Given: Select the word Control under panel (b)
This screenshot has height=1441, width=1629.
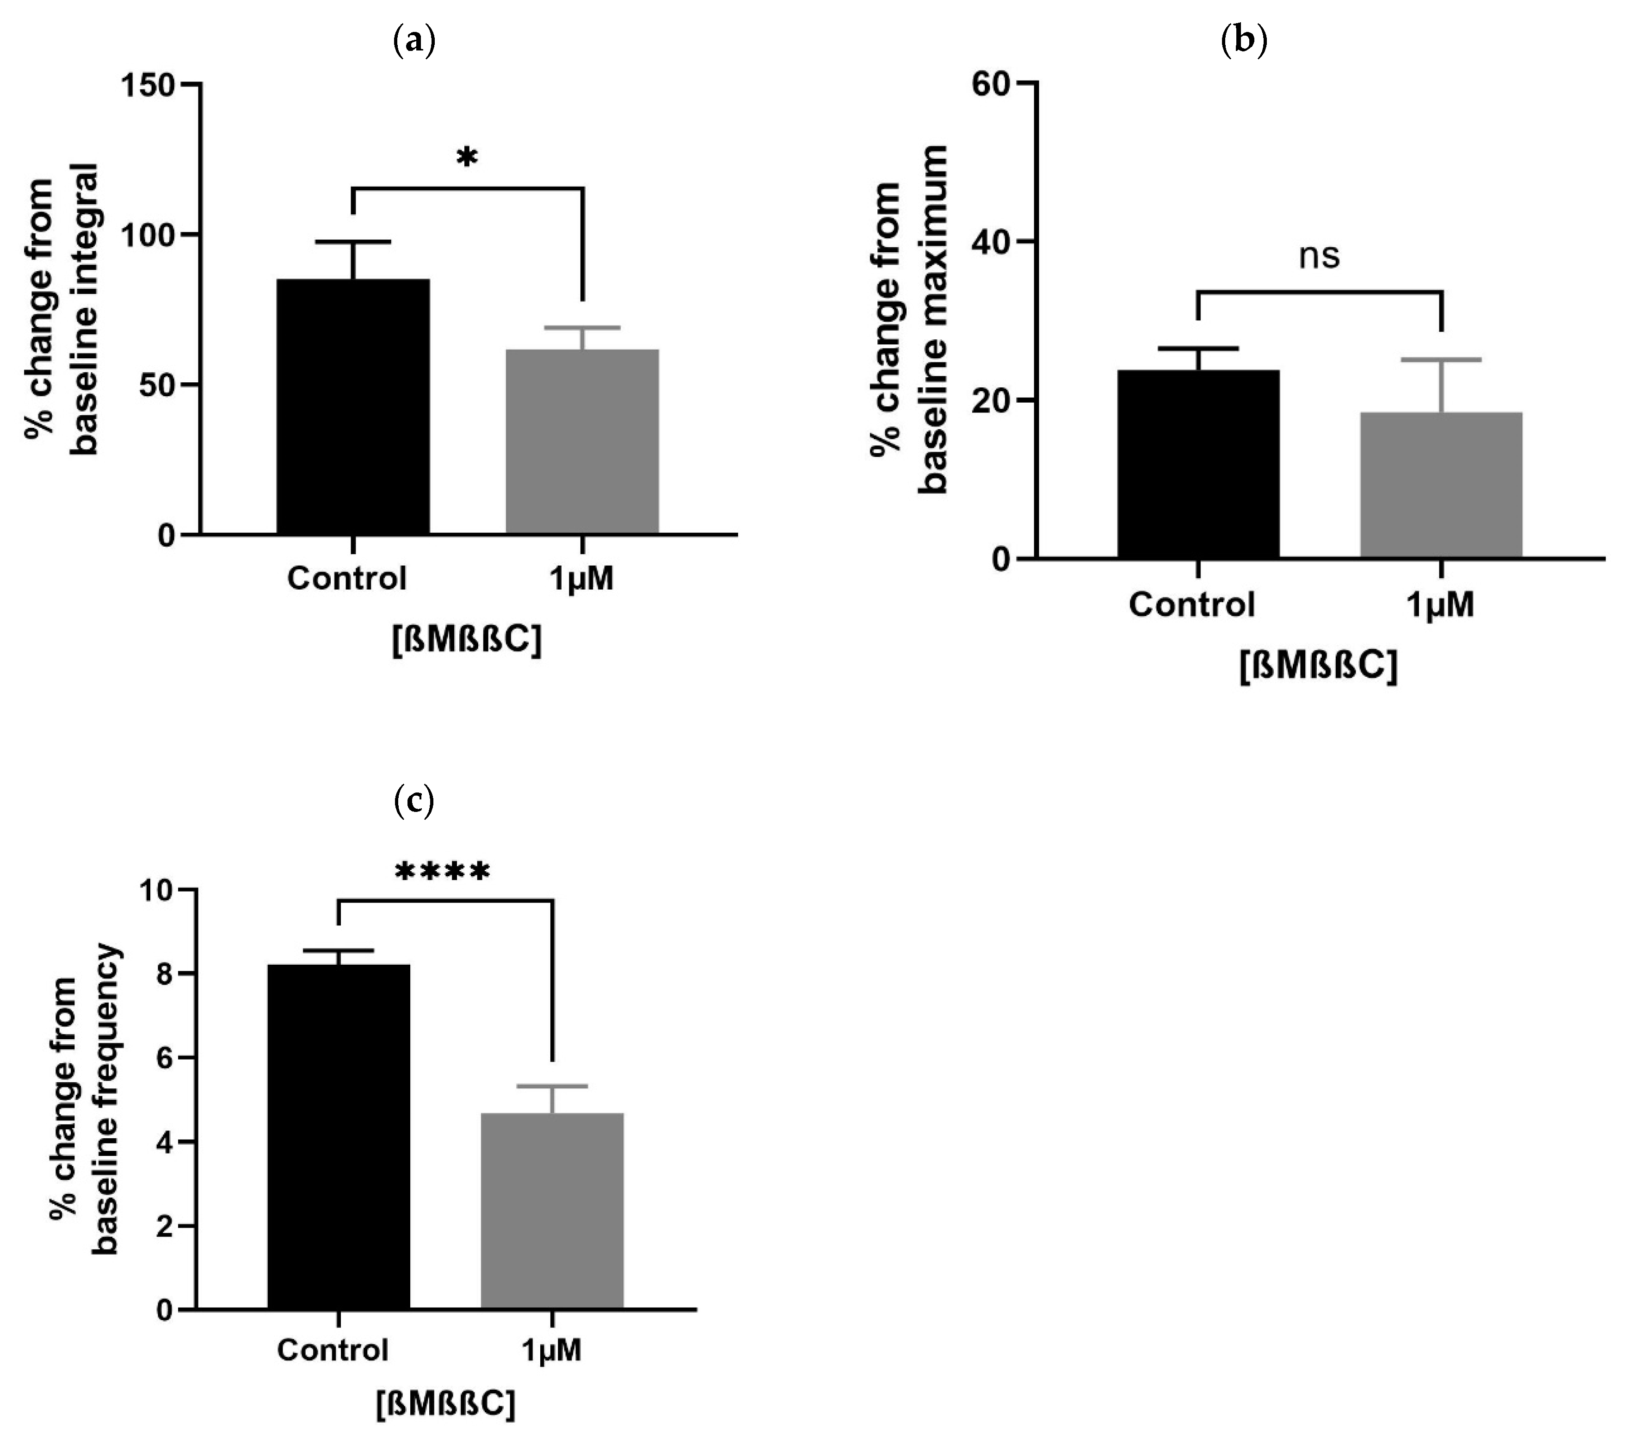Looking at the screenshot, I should tap(1191, 605).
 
